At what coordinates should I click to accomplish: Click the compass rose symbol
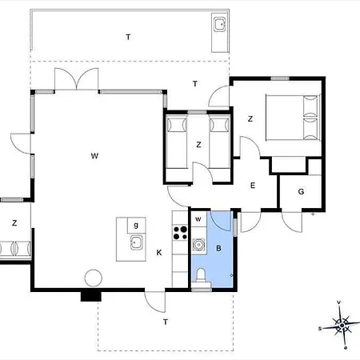pyautogui.click(x=342, y=326)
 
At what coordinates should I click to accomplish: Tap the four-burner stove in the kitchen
pyautogui.click(x=180, y=233)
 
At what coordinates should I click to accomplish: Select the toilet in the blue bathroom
pyautogui.click(x=201, y=276)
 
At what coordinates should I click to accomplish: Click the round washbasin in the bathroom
pyautogui.click(x=198, y=244)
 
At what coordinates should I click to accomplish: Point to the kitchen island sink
pyautogui.click(x=137, y=242)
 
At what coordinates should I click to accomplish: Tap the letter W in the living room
pyautogui.click(x=94, y=156)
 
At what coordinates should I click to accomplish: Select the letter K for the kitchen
pyautogui.click(x=159, y=253)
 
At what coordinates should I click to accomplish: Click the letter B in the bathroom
pyautogui.click(x=218, y=249)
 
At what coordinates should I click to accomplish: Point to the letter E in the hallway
pyautogui.click(x=253, y=186)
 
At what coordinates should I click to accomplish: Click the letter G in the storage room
pyautogui.click(x=301, y=191)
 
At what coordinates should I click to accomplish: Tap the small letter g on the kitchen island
pyautogui.click(x=136, y=226)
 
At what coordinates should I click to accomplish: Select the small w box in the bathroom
pyautogui.click(x=198, y=219)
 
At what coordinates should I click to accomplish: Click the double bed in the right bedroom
pyautogui.click(x=293, y=118)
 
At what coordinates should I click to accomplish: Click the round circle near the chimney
pyautogui.click(x=94, y=278)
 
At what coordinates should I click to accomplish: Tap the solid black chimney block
pyautogui.click(x=91, y=296)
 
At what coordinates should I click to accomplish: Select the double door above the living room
pyautogui.click(x=77, y=79)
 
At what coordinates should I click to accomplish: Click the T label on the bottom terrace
pyautogui.click(x=166, y=322)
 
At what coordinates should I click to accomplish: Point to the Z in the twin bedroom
pyautogui.click(x=198, y=145)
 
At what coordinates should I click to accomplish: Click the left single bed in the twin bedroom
pyautogui.click(x=176, y=142)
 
